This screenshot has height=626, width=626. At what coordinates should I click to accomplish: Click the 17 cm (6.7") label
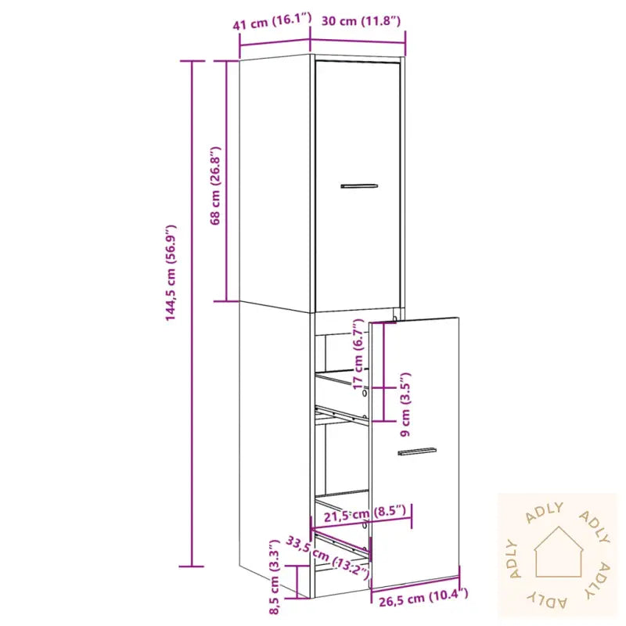tap(359, 353)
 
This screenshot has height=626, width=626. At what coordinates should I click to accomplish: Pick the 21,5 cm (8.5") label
tap(368, 514)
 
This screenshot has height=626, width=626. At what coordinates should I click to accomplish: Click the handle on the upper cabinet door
tap(359, 186)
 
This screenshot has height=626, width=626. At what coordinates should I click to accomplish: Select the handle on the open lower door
tap(417, 452)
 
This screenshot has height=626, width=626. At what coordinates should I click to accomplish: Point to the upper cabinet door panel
tap(358, 235)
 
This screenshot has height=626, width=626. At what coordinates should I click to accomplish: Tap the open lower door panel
tap(415, 509)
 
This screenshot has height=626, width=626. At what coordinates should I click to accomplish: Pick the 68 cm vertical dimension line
tap(227, 235)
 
